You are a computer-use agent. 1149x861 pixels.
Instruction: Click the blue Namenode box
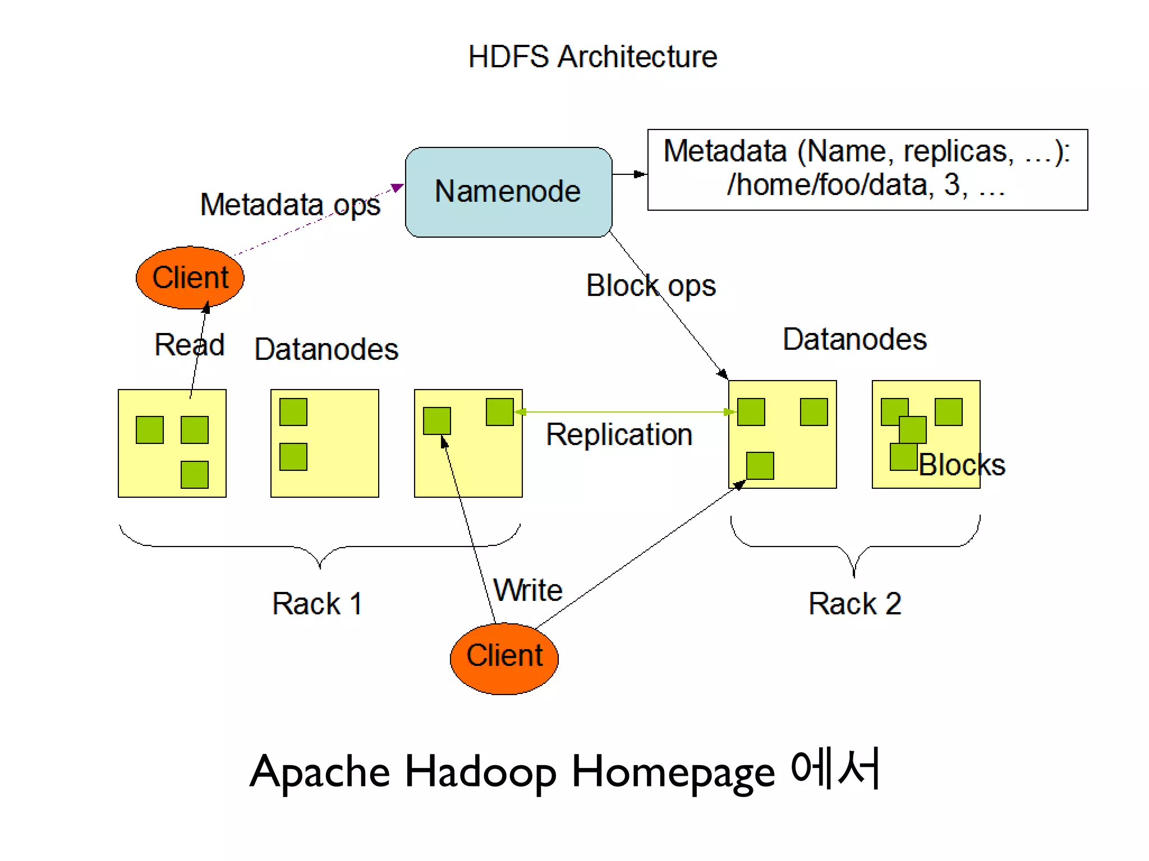508,192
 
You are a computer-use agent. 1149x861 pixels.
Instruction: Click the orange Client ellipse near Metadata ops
190,277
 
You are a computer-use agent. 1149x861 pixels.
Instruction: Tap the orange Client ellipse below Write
504,658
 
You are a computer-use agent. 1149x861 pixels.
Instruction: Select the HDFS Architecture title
592,57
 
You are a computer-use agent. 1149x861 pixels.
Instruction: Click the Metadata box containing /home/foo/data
867,169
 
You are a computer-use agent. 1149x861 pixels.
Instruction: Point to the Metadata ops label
290,205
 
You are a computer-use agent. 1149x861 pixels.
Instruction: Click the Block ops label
651,286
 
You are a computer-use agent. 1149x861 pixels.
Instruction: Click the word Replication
619,435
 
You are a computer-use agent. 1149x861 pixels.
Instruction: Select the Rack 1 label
317,604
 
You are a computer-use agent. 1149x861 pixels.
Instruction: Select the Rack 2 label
854,604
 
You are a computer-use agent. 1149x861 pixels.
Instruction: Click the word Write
528,590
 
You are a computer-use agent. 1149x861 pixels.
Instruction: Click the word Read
189,344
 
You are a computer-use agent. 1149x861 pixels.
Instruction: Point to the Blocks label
962,465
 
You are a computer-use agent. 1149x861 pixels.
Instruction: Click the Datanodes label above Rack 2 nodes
854,339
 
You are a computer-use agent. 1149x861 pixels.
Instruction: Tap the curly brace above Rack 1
320,547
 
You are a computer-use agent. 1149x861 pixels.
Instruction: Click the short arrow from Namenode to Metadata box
629,174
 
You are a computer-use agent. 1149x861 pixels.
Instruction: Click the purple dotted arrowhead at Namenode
397,187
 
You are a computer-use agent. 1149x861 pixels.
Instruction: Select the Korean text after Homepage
835,769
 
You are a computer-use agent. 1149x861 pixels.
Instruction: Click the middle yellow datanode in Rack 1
325,443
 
